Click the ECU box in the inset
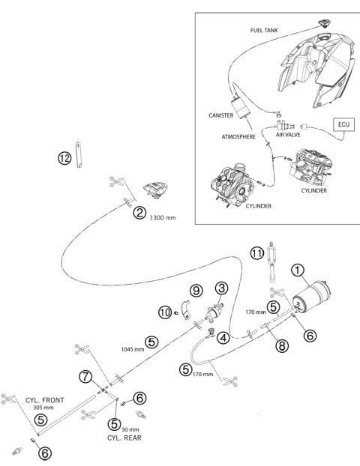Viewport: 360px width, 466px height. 344,124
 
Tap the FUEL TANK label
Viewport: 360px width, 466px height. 264,30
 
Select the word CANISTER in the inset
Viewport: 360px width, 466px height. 220,115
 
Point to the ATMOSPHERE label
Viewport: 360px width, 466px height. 238,136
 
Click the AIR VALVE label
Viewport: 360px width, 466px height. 288,135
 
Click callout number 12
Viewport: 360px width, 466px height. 64,158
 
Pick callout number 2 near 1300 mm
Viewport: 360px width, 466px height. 139,213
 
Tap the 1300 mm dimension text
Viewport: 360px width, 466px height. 163,217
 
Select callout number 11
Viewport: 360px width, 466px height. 257,253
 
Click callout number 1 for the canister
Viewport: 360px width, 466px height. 298,270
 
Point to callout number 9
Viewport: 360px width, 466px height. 196,291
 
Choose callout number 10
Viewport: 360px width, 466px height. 165,312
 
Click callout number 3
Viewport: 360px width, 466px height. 222,288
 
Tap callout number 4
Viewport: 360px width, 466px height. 223,338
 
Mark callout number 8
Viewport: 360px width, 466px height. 282,345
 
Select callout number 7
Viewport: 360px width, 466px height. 85,377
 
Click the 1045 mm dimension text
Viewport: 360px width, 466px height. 133,349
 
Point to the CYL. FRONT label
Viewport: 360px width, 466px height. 45,400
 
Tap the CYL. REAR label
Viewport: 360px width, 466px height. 124,438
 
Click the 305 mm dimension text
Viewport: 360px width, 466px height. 43,408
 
